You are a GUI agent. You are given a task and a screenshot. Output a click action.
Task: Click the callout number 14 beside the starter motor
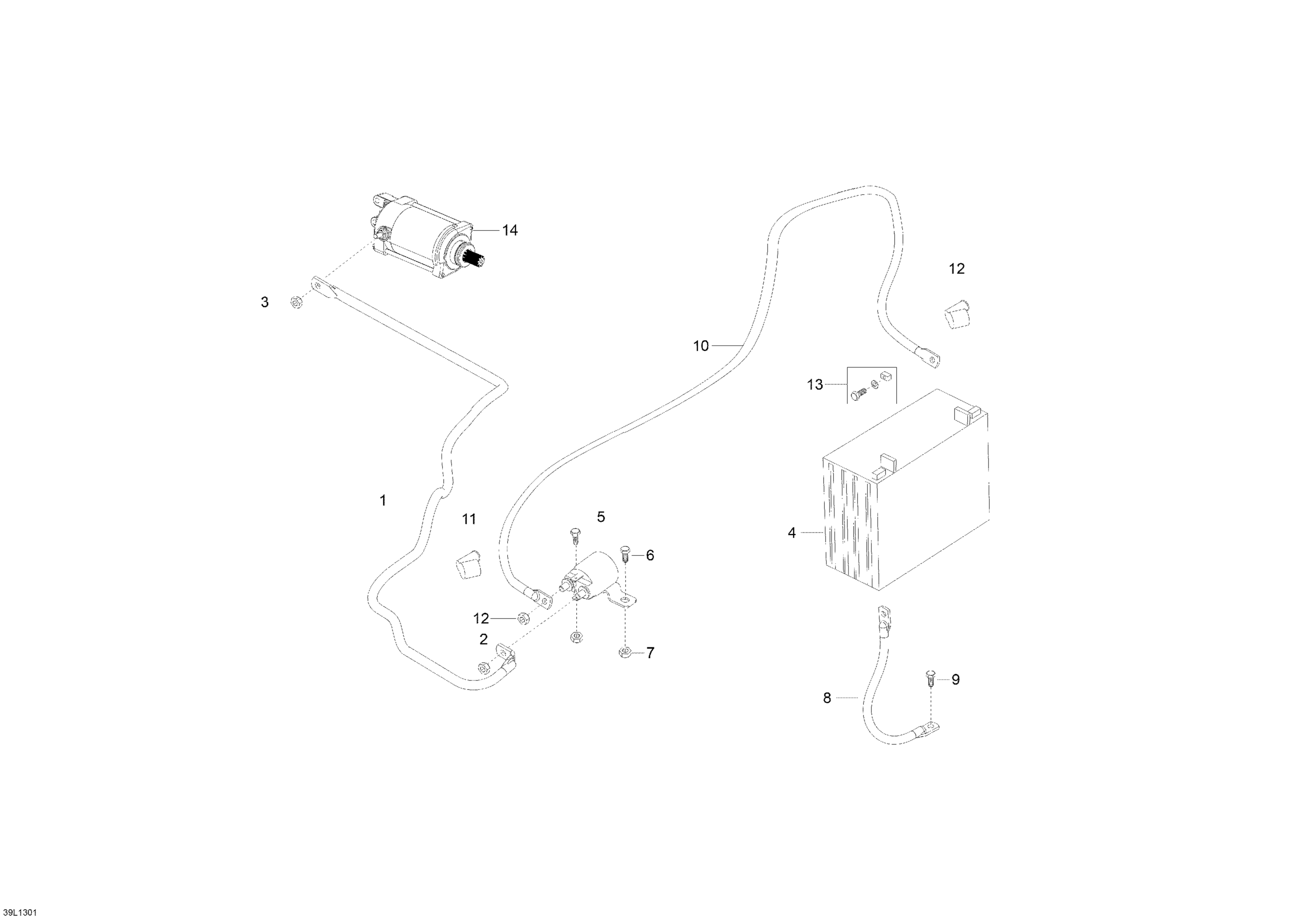coord(510,230)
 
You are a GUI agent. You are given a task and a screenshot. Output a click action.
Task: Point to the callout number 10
coord(701,346)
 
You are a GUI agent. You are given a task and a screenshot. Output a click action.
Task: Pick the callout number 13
coord(815,385)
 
